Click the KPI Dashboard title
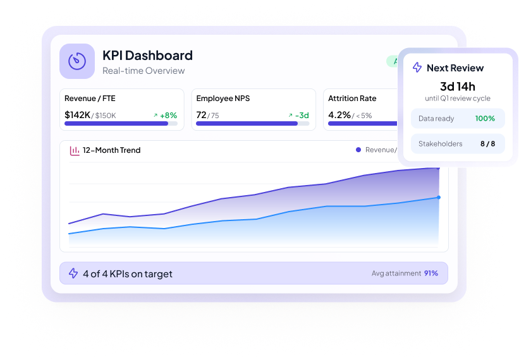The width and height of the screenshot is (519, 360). (147, 55)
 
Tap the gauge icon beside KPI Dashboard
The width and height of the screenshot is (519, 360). (77, 61)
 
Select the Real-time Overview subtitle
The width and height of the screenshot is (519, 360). (143, 71)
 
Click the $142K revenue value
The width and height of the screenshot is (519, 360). (77, 115)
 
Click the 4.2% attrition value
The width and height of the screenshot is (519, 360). (339, 115)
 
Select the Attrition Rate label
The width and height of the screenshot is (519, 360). (351, 99)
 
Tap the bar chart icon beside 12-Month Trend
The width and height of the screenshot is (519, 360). (75, 150)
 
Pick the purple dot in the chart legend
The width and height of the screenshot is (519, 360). (358, 150)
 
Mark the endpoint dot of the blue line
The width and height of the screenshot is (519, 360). (439, 198)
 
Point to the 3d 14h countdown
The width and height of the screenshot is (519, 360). (457, 87)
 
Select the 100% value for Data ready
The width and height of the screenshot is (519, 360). (485, 118)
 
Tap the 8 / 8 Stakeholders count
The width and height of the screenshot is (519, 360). (487, 144)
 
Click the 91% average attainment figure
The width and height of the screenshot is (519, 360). (431, 273)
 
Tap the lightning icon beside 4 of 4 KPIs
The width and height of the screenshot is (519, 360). (73, 273)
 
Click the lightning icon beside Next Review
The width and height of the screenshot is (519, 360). (417, 68)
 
